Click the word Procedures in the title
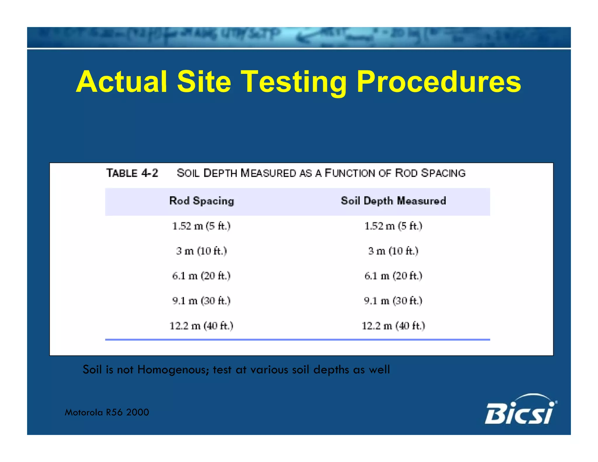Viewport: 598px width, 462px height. (x=439, y=82)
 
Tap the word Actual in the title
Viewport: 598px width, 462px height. (x=121, y=82)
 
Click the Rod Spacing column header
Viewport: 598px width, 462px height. (x=201, y=201)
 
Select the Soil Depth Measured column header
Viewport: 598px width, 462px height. (x=393, y=201)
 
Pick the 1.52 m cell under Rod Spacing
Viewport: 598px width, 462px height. (x=201, y=226)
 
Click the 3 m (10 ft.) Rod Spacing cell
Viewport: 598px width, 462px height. (x=201, y=251)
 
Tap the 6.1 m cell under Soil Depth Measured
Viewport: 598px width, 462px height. (x=393, y=276)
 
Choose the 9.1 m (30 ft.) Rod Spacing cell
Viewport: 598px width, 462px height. (x=201, y=301)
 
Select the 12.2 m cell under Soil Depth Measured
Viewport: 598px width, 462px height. (x=393, y=326)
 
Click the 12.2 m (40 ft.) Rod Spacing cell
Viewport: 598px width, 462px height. (x=201, y=326)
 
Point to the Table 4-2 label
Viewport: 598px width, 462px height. (x=132, y=173)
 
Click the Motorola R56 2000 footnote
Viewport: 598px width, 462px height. (x=107, y=412)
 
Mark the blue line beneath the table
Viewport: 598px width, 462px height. (x=297, y=340)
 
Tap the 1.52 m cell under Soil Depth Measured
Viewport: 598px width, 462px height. (x=393, y=226)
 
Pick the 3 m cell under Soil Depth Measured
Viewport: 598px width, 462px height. (x=393, y=251)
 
